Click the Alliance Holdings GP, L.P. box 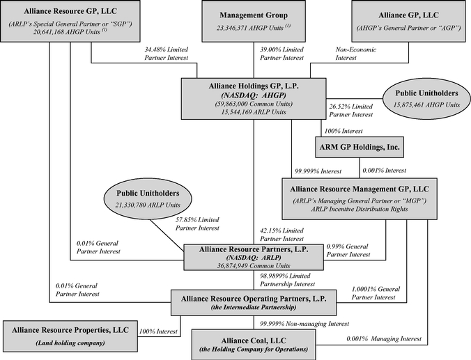pyautogui.click(x=253, y=97)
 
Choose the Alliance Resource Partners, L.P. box pyautogui.click(x=253, y=256)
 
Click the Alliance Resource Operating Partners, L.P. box pyautogui.click(x=253, y=302)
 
